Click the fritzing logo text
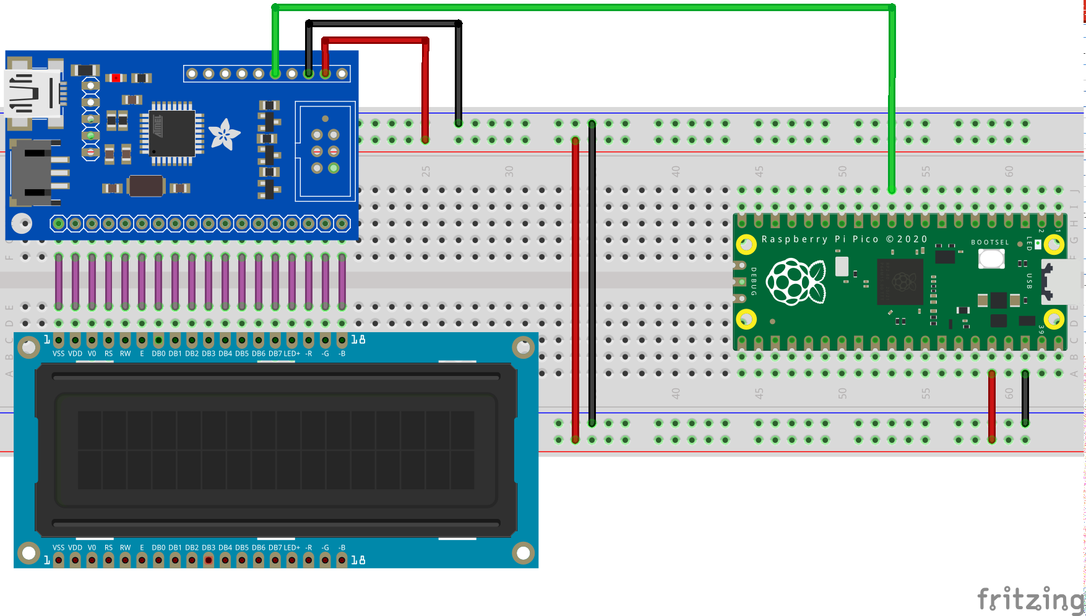[x=1030, y=599]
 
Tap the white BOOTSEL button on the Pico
[x=991, y=259]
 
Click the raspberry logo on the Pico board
[x=796, y=281]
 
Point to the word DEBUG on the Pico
[x=754, y=281]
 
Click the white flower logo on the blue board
[x=223, y=134]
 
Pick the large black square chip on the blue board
[x=172, y=134]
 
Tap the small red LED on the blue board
[x=116, y=78]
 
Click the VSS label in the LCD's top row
[x=58, y=354]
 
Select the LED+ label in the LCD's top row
[x=291, y=354]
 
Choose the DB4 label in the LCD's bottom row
[x=225, y=548]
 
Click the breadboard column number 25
[x=426, y=171]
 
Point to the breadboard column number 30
[x=509, y=171]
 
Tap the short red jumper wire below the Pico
[x=992, y=406]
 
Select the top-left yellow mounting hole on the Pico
[x=746, y=245]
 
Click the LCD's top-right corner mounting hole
[x=523, y=348]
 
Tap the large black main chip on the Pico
[x=900, y=281]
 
